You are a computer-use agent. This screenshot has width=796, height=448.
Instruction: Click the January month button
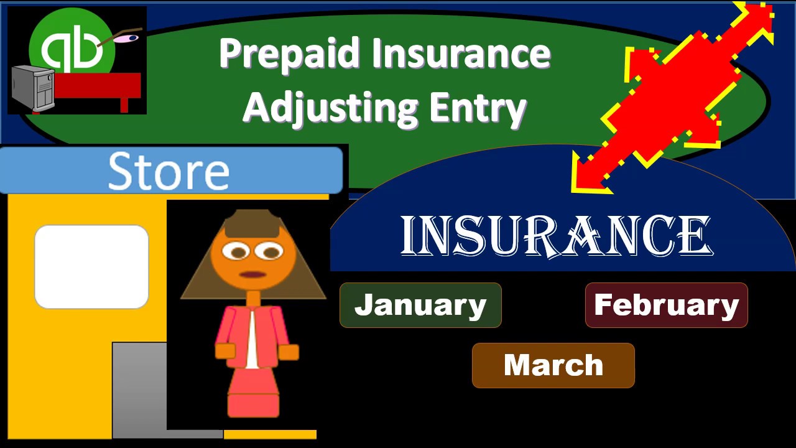pos(420,305)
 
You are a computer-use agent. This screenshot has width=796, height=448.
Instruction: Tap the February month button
pos(666,305)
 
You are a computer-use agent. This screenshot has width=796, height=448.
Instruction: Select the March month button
pos(553,365)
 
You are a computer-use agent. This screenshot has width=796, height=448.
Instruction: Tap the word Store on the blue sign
pos(169,171)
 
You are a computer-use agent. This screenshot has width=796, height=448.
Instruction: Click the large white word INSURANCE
pos(555,236)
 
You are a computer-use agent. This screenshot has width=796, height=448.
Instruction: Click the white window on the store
pos(91,266)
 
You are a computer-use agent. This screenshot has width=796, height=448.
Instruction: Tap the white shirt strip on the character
pos(251,339)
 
